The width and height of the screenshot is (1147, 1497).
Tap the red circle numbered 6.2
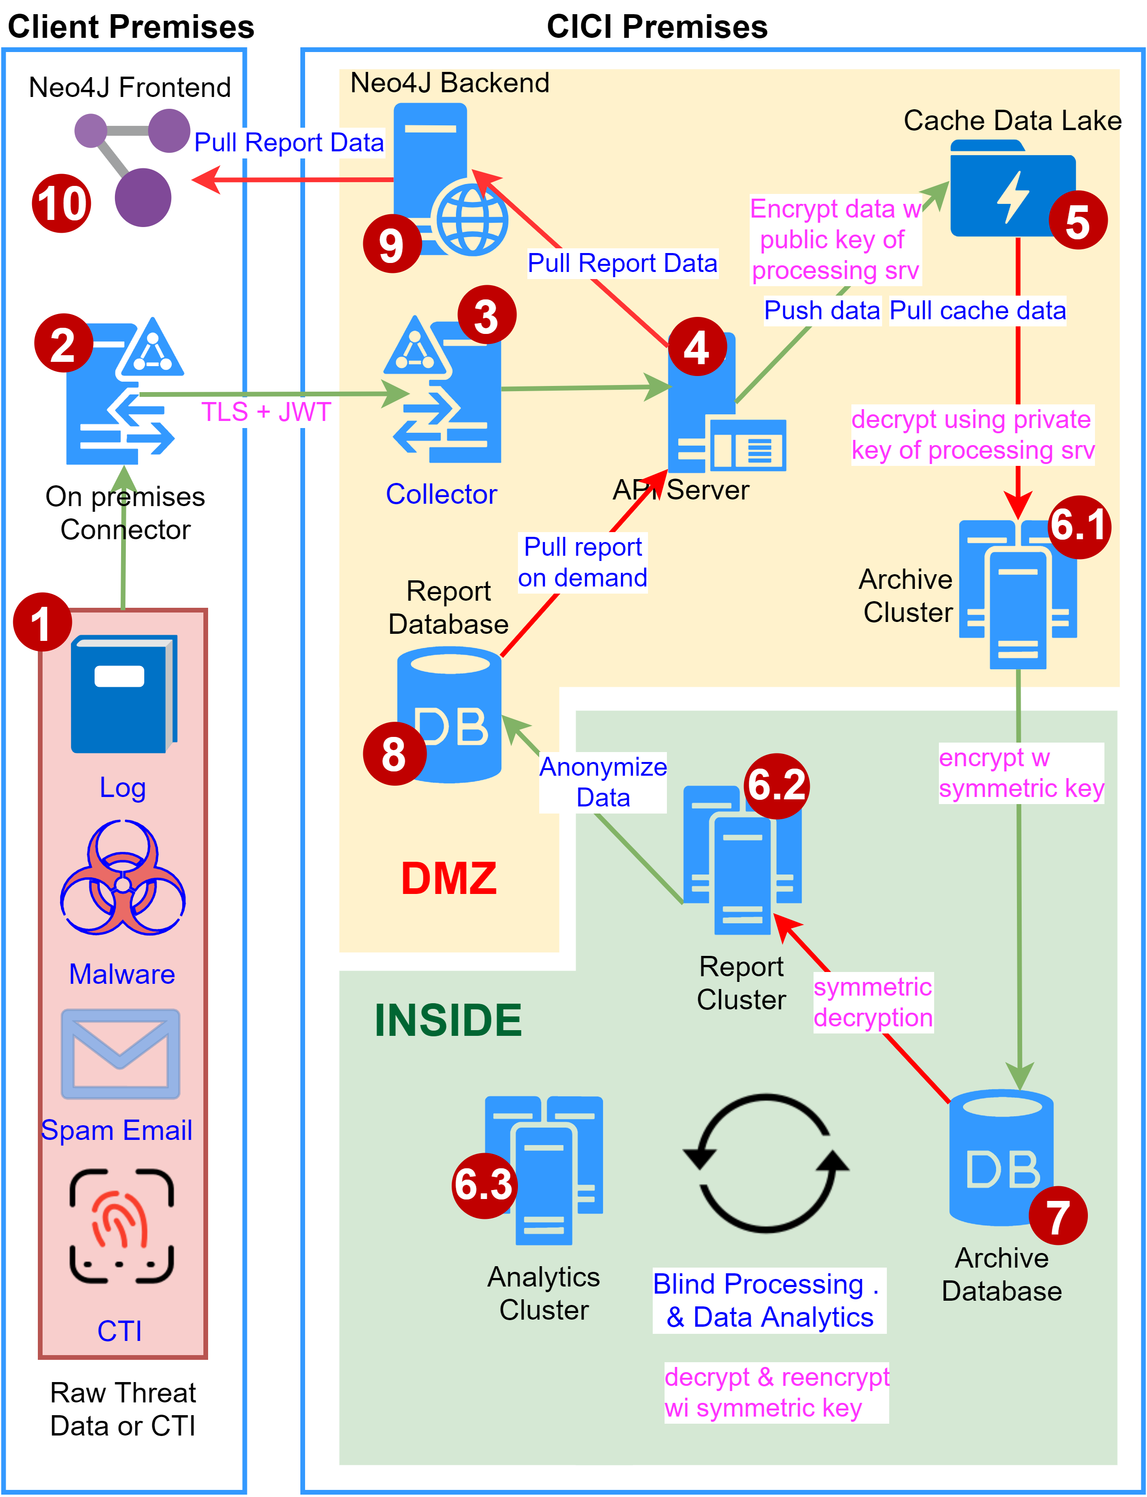pos(777,786)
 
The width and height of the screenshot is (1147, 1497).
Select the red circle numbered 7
pos(1058,1216)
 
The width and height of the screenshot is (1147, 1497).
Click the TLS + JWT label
pos(266,412)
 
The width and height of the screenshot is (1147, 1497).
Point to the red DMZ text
pos(448,878)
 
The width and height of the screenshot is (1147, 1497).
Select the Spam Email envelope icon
pos(121,1054)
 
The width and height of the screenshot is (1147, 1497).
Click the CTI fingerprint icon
pos(122,1226)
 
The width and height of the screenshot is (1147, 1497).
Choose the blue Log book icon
pos(123,694)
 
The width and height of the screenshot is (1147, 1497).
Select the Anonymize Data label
pos(603,782)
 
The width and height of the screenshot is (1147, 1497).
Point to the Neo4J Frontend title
pos(130,88)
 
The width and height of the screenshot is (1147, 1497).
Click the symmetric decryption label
pos(873,1002)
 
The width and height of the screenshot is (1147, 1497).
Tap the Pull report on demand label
pos(582,562)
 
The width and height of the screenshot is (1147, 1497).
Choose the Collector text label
pos(441,494)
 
